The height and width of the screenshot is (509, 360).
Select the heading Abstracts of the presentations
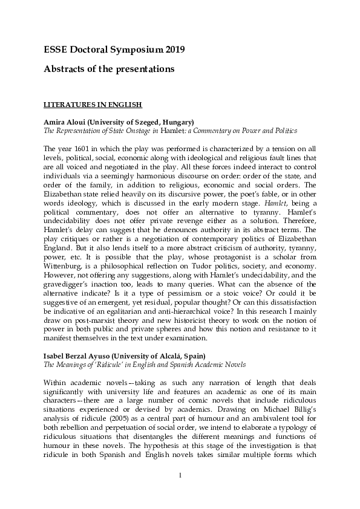109,69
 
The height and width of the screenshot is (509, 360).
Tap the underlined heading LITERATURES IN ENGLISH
93,104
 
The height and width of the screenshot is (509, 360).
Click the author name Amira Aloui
67,122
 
